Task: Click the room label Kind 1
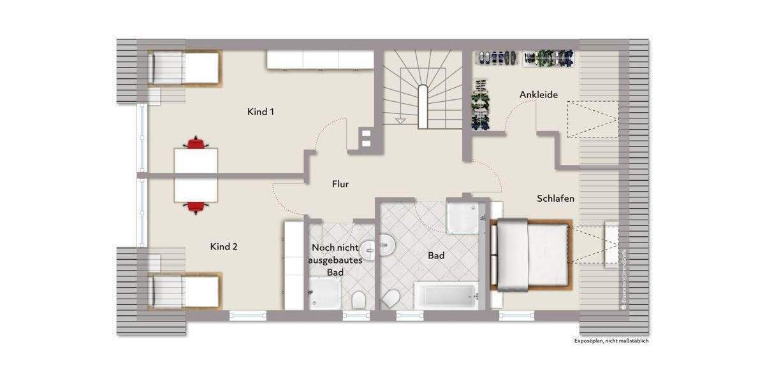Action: point(261,112)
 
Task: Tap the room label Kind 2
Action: point(224,246)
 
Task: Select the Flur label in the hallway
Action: point(340,184)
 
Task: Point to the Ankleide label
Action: point(539,95)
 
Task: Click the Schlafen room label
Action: point(555,199)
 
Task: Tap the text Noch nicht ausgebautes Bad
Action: point(335,260)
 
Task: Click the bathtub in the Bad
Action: point(446,295)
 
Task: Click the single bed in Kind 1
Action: point(184,67)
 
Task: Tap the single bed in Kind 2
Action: point(184,291)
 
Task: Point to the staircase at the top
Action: point(421,89)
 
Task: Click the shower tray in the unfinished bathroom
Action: point(324,294)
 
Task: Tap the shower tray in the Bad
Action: point(463,218)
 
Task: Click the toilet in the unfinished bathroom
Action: point(358,299)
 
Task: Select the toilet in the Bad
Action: point(391,298)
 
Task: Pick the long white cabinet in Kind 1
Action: point(320,59)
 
